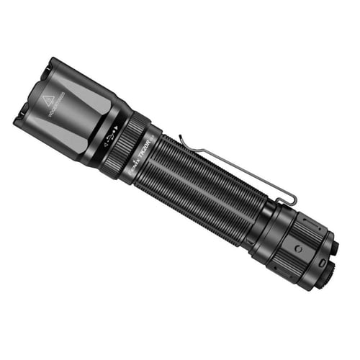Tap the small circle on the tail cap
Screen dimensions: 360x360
click(x=297, y=248)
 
